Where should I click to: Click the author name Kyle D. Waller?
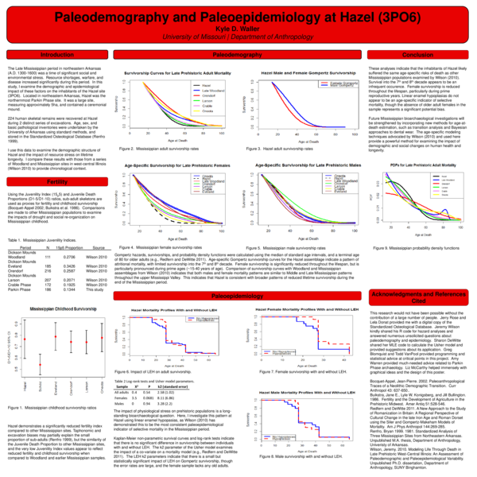[x=238, y=27]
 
